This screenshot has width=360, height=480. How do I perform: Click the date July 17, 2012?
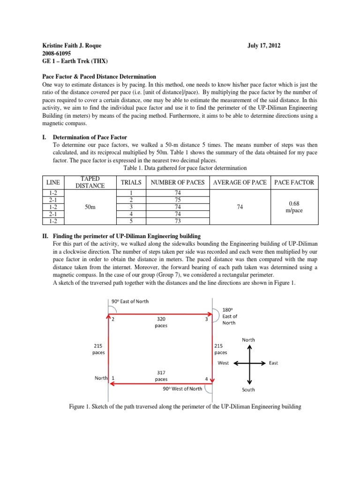(x=264, y=45)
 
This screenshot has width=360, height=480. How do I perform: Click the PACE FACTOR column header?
(x=294, y=182)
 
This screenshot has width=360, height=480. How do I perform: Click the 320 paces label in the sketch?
(x=161, y=322)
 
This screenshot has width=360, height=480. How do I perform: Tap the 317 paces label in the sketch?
(x=161, y=376)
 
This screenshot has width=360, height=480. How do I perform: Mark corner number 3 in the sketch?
(x=207, y=320)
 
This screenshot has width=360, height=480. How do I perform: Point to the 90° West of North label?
(x=182, y=388)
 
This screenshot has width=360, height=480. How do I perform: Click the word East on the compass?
(x=273, y=363)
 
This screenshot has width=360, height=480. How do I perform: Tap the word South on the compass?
(x=248, y=390)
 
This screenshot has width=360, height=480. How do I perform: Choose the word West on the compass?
(x=224, y=363)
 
